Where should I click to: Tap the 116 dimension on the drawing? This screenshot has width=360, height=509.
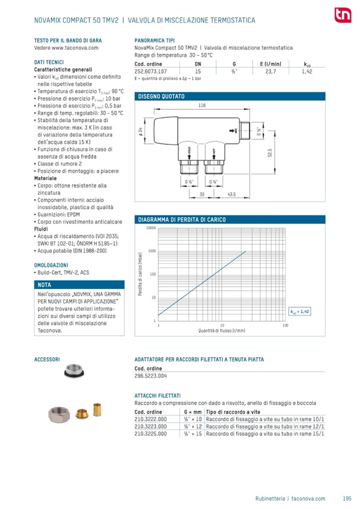pyautogui.click(x=202, y=106)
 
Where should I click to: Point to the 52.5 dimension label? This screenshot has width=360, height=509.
pyautogui.click(x=270, y=152)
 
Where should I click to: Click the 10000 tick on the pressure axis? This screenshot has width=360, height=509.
pyautogui.click(x=150, y=228)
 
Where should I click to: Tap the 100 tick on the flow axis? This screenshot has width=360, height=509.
pyautogui.click(x=285, y=325)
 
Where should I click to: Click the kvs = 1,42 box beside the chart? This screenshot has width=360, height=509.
pyautogui.click(x=299, y=312)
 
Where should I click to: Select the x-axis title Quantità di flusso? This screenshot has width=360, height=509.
pyautogui.click(x=222, y=331)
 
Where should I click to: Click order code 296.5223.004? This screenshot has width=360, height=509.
pyautogui.click(x=151, y=376)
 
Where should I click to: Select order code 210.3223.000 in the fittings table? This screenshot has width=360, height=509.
pyautogui.click(x=151, y=426)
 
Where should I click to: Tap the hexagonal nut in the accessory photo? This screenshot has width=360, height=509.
pyautogui.click(x=57, y=412)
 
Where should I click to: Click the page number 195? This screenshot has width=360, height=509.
pyautogui.click(x=347, y=498)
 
